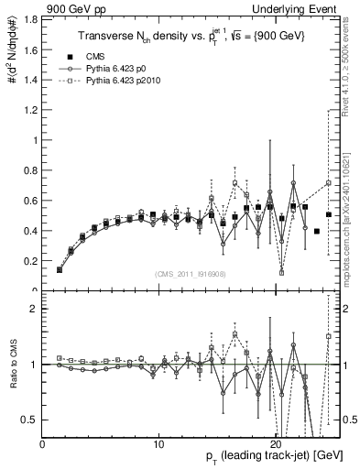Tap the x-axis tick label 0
43,443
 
